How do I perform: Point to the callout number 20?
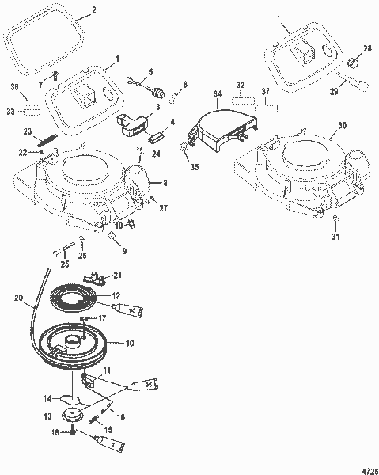coord(18,300)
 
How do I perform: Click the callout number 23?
coord(27,132)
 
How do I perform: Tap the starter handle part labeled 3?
coord(131,124)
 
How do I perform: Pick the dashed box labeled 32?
coord(243,101)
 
